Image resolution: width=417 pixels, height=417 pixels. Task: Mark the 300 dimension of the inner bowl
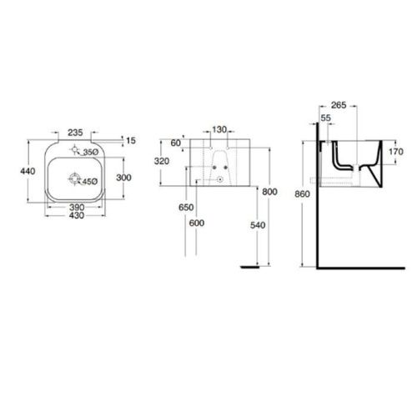[x=123, y=177]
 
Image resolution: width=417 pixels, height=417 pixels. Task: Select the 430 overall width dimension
[x=76, y=216]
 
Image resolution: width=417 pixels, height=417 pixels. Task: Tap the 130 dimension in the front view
[x=219, y=130]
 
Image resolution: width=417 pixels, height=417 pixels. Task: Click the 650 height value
[x=186, y=206]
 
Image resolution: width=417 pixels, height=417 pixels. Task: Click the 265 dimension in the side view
[x=338, y=105]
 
